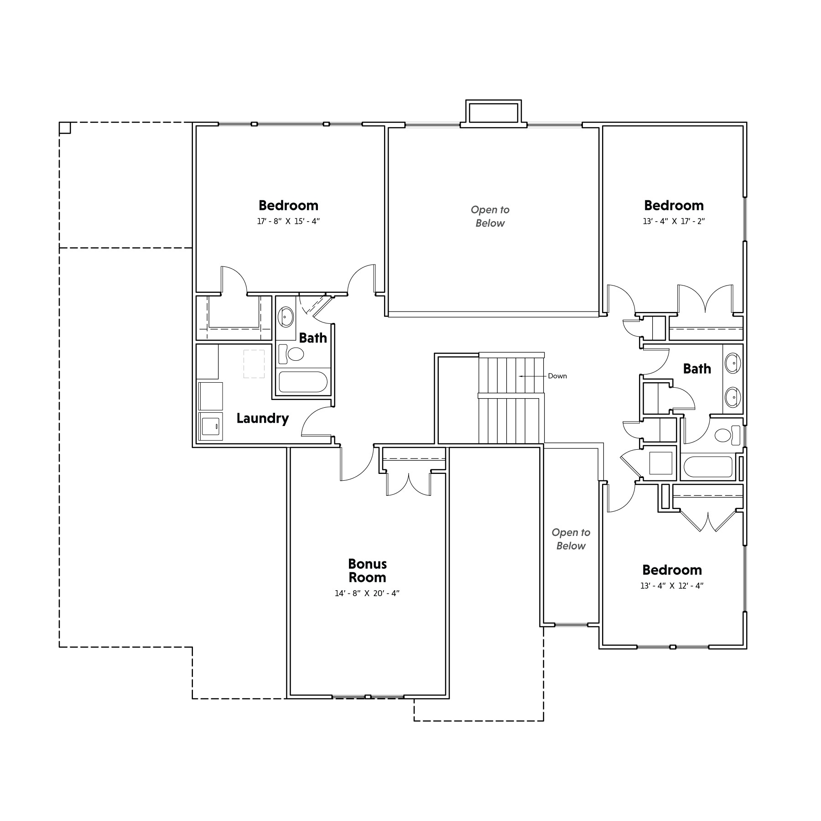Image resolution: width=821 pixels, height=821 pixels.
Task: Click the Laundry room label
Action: click(x=262, y=418)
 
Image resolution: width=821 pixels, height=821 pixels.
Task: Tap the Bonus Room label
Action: click(x=367, y=571)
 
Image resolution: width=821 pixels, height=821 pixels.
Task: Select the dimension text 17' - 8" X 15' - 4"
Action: click(x=288, y=222)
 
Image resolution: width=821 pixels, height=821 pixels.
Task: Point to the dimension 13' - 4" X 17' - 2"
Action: click(x=674, y=222)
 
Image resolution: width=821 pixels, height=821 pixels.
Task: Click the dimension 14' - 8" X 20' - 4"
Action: click(x=367, y=593)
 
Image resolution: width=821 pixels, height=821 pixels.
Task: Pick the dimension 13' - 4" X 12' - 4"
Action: click(x=672, y=586)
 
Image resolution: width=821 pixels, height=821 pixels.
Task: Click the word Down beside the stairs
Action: click(x=557, y=376)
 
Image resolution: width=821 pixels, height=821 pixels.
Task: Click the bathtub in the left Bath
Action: click(x=303, y=382)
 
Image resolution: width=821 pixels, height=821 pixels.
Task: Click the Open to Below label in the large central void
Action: click(x=490, y=216)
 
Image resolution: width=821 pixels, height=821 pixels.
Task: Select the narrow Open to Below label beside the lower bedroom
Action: click(x=571, y=539)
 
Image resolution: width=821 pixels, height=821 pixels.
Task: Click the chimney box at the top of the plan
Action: click(x=494, y=112)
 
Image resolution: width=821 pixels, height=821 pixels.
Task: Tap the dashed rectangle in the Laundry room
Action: click(x=254, y=364)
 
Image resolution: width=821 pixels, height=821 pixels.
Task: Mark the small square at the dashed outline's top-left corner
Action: click(x=65, y=128)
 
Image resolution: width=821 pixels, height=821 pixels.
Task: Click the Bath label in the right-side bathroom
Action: click(x=697, y=369)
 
